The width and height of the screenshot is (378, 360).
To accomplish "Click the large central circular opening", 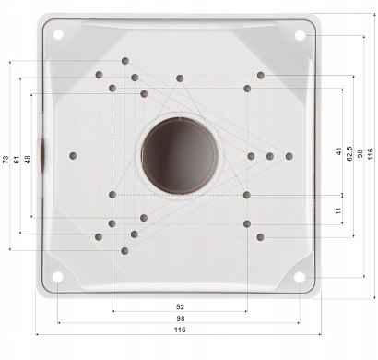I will [x=180, y=155].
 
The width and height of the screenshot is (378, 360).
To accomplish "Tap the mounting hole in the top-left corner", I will [x=57, y=35].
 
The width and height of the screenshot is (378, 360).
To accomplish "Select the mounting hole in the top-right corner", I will [x=300, y=35].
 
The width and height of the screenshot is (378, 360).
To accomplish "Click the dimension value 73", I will [x=6, y=160].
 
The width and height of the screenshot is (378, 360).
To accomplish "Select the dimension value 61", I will [x=17, y=160].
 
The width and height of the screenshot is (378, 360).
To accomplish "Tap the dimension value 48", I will [x=28, y=160].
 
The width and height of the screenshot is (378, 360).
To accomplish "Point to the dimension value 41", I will [x=339, y=150].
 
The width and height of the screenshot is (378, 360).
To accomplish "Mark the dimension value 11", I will [x=338, y=211].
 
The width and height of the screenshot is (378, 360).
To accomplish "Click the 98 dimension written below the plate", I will [x=179, y=318].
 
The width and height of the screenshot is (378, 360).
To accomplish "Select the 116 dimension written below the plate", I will [x=179, y=330].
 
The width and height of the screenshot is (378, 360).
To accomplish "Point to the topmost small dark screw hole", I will [x=125, y=61].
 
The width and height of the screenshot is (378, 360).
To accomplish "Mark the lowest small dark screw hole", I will [x=125, y=250].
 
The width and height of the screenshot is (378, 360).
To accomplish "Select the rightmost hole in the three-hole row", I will [x=289, y=156].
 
